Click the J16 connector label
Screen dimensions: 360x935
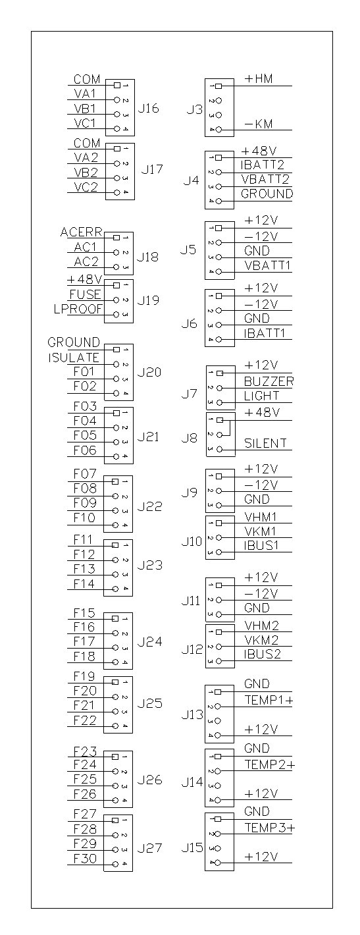[149, 109]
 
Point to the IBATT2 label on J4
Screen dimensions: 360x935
[263, 165]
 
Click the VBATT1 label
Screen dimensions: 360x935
[267, 265]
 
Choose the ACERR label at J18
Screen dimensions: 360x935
[82, 232]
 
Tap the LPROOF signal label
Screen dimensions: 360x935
[78, 309]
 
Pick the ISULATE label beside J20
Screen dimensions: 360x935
[74, 358]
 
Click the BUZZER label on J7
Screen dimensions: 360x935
[269, 381]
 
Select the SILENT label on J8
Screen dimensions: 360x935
[266, 443]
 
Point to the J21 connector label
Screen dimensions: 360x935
[148, 437]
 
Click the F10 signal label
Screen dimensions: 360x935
[85, 518]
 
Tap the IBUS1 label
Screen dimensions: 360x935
[261, 546]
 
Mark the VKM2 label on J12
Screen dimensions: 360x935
[261, 640]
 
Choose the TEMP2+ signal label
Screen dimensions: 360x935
[269, 764]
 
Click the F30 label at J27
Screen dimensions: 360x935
[85, 859]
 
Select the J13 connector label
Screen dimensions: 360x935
[192, 715]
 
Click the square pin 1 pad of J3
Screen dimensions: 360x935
[219, 86]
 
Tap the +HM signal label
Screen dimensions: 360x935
[259, 79]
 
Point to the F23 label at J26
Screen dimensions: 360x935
[85, 752]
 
